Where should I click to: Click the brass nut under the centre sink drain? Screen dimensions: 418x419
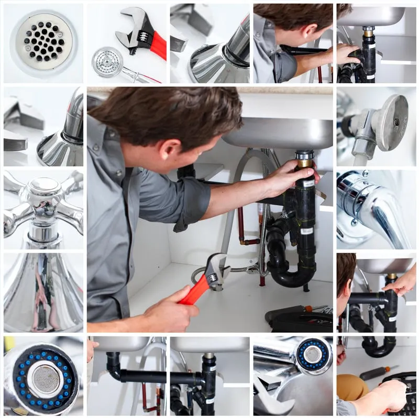tap(304, 163)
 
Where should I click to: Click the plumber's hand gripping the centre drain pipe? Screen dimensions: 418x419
tap(291, 178)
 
